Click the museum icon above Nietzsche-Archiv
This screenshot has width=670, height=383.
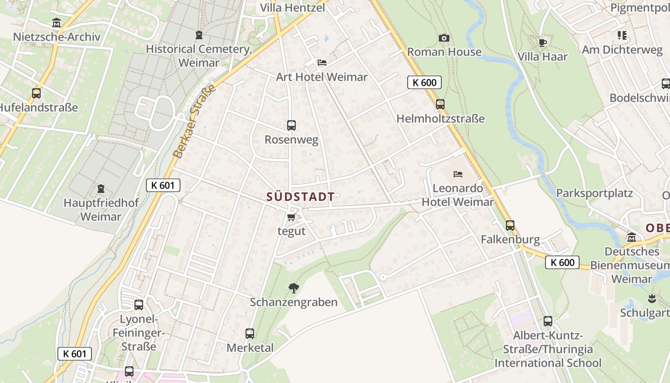pyautogui.click(x=56, y=23)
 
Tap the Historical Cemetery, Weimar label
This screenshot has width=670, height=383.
pyautogui.click(x=199, y=56)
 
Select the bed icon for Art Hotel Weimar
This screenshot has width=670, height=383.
pyautogui.click(x=322, y=63)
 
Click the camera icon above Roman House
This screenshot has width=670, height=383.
pyautogui.click(x=444, y=38)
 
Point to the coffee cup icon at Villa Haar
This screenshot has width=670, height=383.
pyautogui.click(x=542, y=43)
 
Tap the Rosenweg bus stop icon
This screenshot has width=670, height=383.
pyautogui.click(x=291, y=125)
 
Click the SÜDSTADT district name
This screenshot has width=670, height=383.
pyautogui.click(x=300, y=197)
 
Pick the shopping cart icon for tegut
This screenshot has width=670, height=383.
pyautogui.click(x=291, y=217)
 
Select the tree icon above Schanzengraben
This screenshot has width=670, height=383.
pyautogui.click(x=293, y=288)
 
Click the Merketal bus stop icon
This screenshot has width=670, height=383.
pyautogui.click(x=250, y=334)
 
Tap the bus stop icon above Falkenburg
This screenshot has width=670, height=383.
pyautogui.click(x=510, y=225)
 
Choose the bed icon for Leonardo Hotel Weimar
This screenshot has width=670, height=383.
pyautogui.click(x=458, y=174)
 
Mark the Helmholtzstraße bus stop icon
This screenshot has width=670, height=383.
pyautogui.click(x=440, y=104)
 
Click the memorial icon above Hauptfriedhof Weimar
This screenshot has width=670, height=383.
pyautogui.click(x=100, y=189)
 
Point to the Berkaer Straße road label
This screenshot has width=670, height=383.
pyautogui.click(x=194, y=123)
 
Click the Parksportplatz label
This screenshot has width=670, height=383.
pyautogui.click(x=594, y=193)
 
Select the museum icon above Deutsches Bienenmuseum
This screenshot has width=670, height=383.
pyautogui.click(x=632, y=237)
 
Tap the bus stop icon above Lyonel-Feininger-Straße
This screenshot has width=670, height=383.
pyautogui.click(x=139, y=304)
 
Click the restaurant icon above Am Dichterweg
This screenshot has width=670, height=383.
pyautogui.click(x=622, y=35)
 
